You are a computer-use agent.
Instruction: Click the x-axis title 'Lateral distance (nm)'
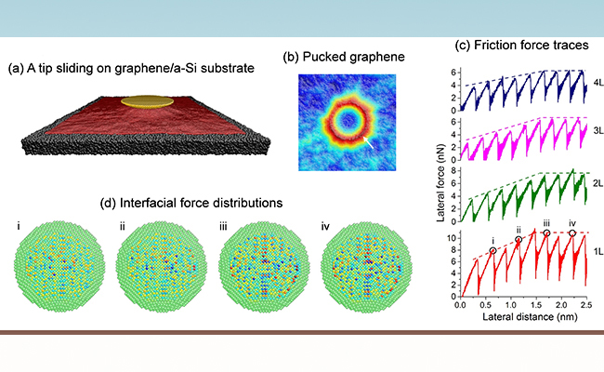524,317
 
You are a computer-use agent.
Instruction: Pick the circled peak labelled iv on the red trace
572,233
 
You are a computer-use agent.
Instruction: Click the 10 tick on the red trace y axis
452,238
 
